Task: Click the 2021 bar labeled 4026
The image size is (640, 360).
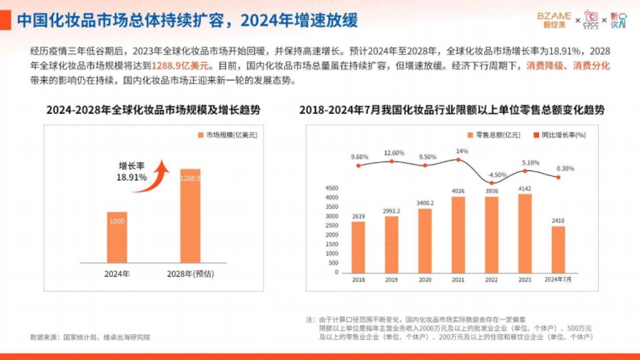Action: (458, 235)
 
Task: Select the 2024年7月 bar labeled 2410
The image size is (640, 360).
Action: (558, 249)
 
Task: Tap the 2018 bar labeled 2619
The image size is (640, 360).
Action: (358, 247)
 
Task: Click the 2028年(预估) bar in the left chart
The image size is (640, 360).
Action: (190, 216)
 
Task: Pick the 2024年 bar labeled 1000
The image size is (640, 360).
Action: (118, 237)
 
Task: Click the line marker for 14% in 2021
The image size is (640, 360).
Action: (458, 159)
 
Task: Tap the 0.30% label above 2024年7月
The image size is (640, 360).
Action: (565, 169)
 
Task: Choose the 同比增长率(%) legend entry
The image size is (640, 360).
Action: (559, 135)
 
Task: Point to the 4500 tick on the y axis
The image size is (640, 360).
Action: (332, 188)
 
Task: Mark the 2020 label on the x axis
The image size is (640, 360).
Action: (425, 279)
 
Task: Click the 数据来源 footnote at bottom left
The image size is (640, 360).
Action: (90, 337)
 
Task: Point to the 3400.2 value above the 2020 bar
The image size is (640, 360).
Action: (425, 203)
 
